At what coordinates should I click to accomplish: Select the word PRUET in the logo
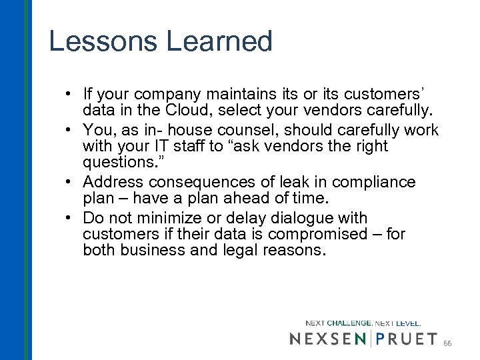407,339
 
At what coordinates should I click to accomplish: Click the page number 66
447,342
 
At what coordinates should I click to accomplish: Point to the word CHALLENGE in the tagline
349,323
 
